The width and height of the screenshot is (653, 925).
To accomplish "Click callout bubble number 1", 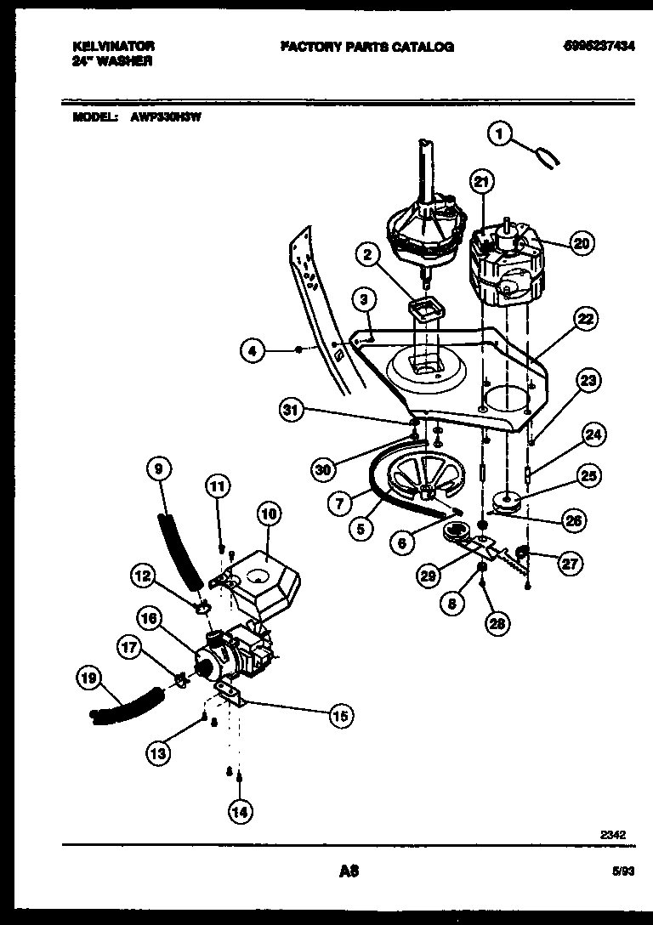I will coord(501,133).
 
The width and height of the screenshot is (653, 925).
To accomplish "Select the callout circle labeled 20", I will coord(581,243).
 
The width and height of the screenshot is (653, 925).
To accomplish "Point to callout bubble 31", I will coord(293,411).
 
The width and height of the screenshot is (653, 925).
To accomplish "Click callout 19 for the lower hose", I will coord(90,678).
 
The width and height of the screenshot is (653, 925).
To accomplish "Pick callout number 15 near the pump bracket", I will coord(340,716).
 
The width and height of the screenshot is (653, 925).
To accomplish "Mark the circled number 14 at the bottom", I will coord(241,812).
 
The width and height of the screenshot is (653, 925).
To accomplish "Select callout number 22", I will coord(584,320).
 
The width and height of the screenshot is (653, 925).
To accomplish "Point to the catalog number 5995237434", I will coord(599,47).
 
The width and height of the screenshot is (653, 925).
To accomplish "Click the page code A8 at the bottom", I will coord(349,871).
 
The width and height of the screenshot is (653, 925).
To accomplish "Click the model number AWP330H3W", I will coord(165,119).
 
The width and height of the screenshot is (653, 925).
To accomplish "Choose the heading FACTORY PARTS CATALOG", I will coord(366,47).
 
